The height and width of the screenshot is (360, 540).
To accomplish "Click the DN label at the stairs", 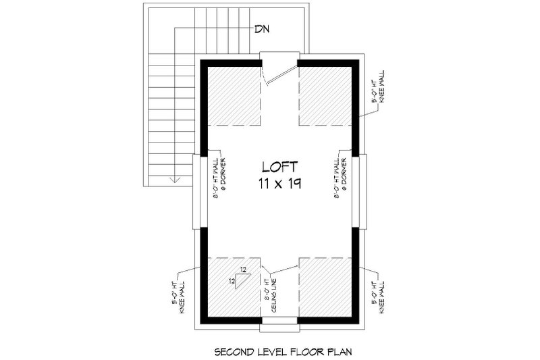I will click(x=262, y=29).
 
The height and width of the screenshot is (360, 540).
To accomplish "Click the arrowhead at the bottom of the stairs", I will click(x=173, y=180).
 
